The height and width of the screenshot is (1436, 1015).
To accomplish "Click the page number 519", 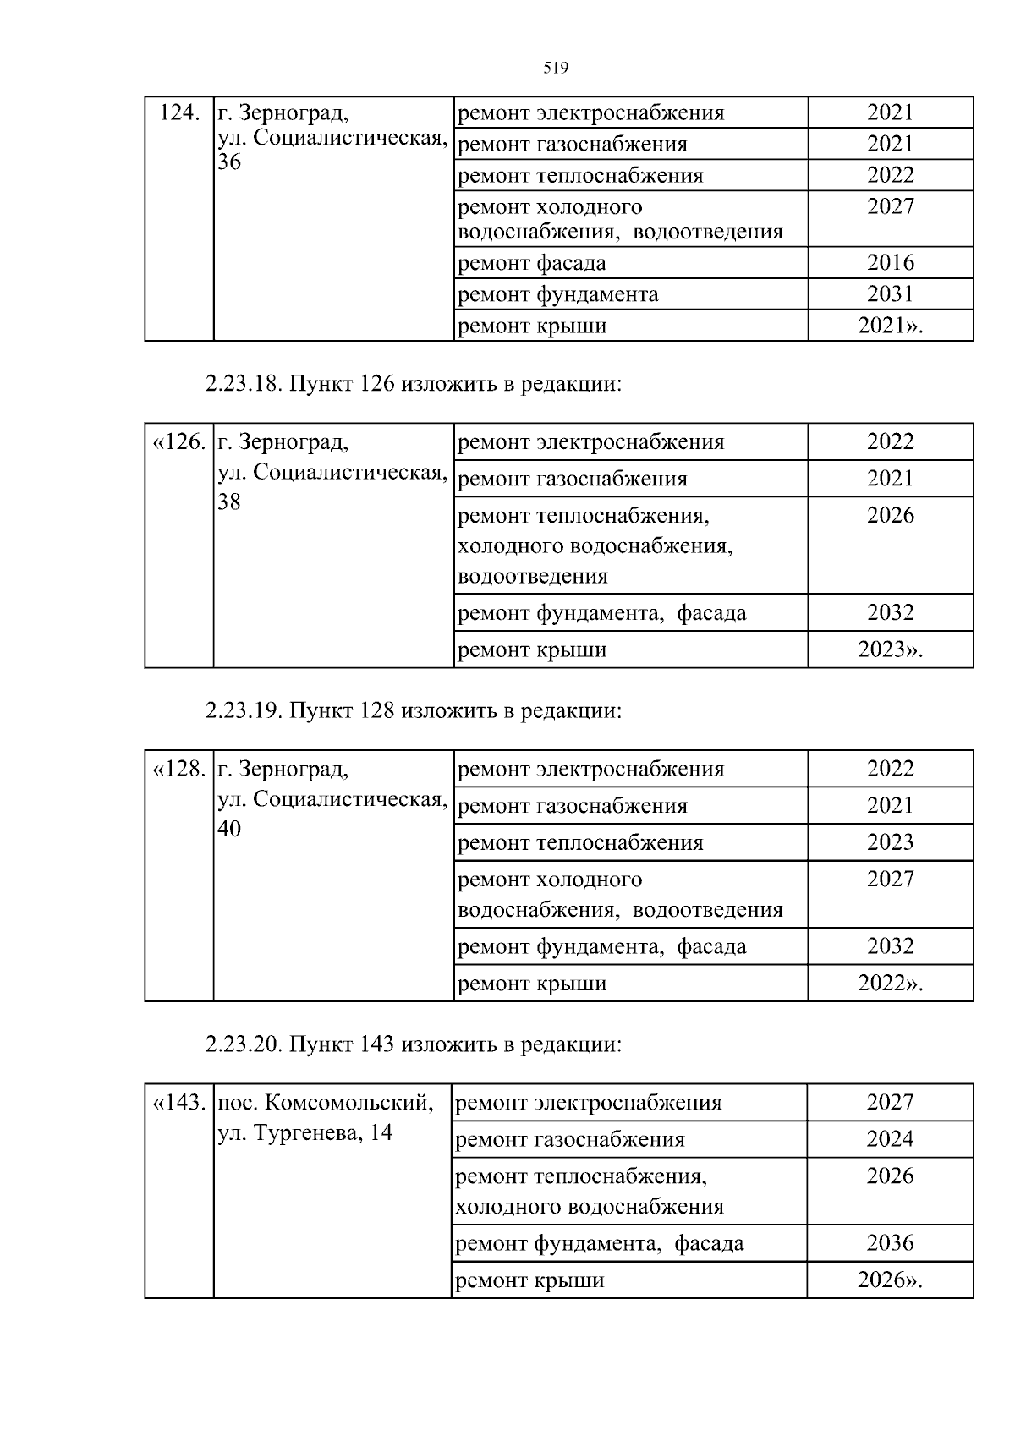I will point(555,69).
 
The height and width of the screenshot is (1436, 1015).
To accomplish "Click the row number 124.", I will point(178,112).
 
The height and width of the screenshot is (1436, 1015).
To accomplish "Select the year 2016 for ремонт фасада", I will point(890,262).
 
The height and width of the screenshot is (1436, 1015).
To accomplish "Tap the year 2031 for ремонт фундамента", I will point(890,293).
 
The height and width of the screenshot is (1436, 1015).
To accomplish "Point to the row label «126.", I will point(178,441).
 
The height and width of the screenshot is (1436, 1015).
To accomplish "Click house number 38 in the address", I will point(229,502).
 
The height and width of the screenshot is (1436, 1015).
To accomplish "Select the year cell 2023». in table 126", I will point(890,649).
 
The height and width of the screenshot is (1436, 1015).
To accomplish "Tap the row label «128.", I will point(178,769).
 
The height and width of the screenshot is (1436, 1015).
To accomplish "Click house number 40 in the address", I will point(229,829).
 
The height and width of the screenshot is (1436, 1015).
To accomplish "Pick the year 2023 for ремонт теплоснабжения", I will point(890,842).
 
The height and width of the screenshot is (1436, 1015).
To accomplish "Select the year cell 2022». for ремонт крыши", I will point(890,983).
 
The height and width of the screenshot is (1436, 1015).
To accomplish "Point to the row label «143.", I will point(178,1103).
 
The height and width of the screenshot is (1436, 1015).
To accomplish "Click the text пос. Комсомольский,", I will point(326,1103).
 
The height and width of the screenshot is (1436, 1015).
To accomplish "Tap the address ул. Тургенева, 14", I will point(305,1132).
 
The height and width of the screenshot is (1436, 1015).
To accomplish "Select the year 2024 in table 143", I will point(890,1139).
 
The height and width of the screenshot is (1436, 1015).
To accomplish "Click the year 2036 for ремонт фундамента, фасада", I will point(890,1243).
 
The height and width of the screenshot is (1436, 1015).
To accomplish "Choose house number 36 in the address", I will point(229,162).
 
